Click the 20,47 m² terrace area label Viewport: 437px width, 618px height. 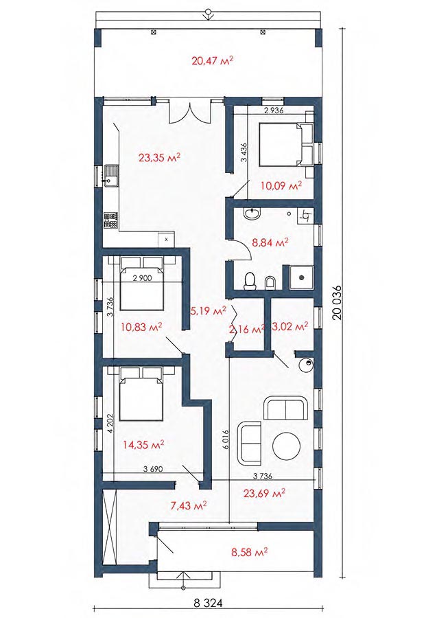[x=213, y=60]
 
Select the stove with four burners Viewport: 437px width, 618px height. [x=110, y=220]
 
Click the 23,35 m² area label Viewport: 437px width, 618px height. [x=159, y=158]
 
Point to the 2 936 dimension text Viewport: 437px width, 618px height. [x=274, y=111]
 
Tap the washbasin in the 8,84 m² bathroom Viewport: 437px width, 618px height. [x=252, y=214]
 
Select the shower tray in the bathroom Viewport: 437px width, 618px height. [x=301, y=277]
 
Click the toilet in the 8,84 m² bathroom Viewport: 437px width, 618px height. [x=250, y=282]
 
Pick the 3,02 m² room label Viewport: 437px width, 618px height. [x=290, y=326]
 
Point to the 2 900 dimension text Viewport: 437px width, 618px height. [x=143, y=278]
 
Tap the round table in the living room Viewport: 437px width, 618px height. [x=287, y=446]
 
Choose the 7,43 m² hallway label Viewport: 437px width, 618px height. [x=189, y=505]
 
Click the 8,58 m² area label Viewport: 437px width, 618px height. [x=250, y=551]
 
